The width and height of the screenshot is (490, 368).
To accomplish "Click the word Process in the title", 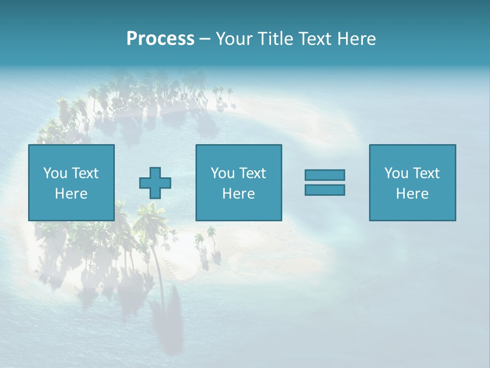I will pos(160,39).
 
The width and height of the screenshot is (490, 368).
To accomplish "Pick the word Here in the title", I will pos(357,39).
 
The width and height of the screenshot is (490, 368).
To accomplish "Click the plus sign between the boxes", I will pos(155,183).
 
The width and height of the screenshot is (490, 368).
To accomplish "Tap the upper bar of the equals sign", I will pos(325,175).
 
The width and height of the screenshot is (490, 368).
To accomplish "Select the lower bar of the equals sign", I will pos(325,190).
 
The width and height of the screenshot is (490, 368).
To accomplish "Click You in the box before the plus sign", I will pos(55,173).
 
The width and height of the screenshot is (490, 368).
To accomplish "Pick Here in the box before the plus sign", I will pos(71,194).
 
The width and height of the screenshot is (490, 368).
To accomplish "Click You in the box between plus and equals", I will pos(223,173).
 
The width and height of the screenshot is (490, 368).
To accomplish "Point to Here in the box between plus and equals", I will pos(238,194).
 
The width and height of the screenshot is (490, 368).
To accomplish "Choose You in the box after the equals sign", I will pos(396,173).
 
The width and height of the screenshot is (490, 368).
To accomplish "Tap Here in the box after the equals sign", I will pos(412,194).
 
